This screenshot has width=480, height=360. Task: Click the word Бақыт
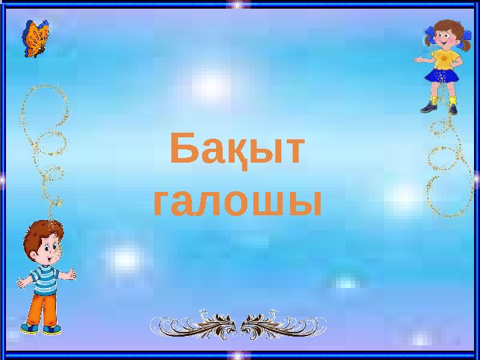click(x=237, y=151)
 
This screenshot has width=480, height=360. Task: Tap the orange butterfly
click(x=36, y=38)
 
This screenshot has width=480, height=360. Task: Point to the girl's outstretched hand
click(x=417, y=59)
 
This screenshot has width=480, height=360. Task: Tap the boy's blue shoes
click(x=40, y=329)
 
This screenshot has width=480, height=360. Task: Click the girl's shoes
click(x=440, y=107)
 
